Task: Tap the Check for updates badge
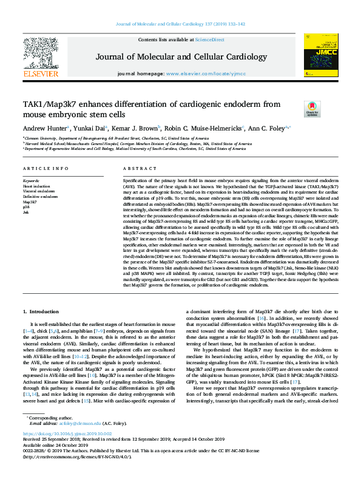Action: pos(312,109)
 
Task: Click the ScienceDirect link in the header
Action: pos(209,39)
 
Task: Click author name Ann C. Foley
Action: pos(269,128)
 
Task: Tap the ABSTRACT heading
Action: pos(136,168)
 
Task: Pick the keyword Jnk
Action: pos(26,211)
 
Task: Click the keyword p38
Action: pos(26,206)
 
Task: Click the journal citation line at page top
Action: pos(180,24)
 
